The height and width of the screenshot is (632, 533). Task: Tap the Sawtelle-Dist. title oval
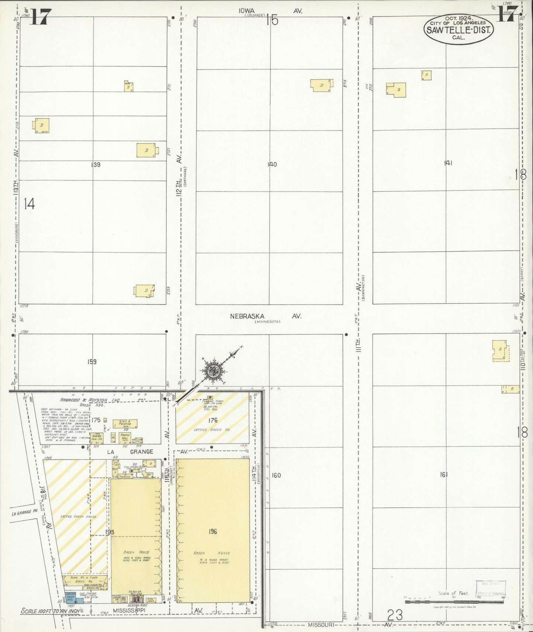point(459,29)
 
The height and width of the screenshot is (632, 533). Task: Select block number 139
point(96,165)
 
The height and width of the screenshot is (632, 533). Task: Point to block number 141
point(448,163)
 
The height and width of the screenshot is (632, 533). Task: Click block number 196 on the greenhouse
point(212,531)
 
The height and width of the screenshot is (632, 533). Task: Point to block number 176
point(213,420)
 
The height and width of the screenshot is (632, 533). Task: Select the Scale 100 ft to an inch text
point(51,611)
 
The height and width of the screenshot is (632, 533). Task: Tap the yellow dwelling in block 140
point(321,86)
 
